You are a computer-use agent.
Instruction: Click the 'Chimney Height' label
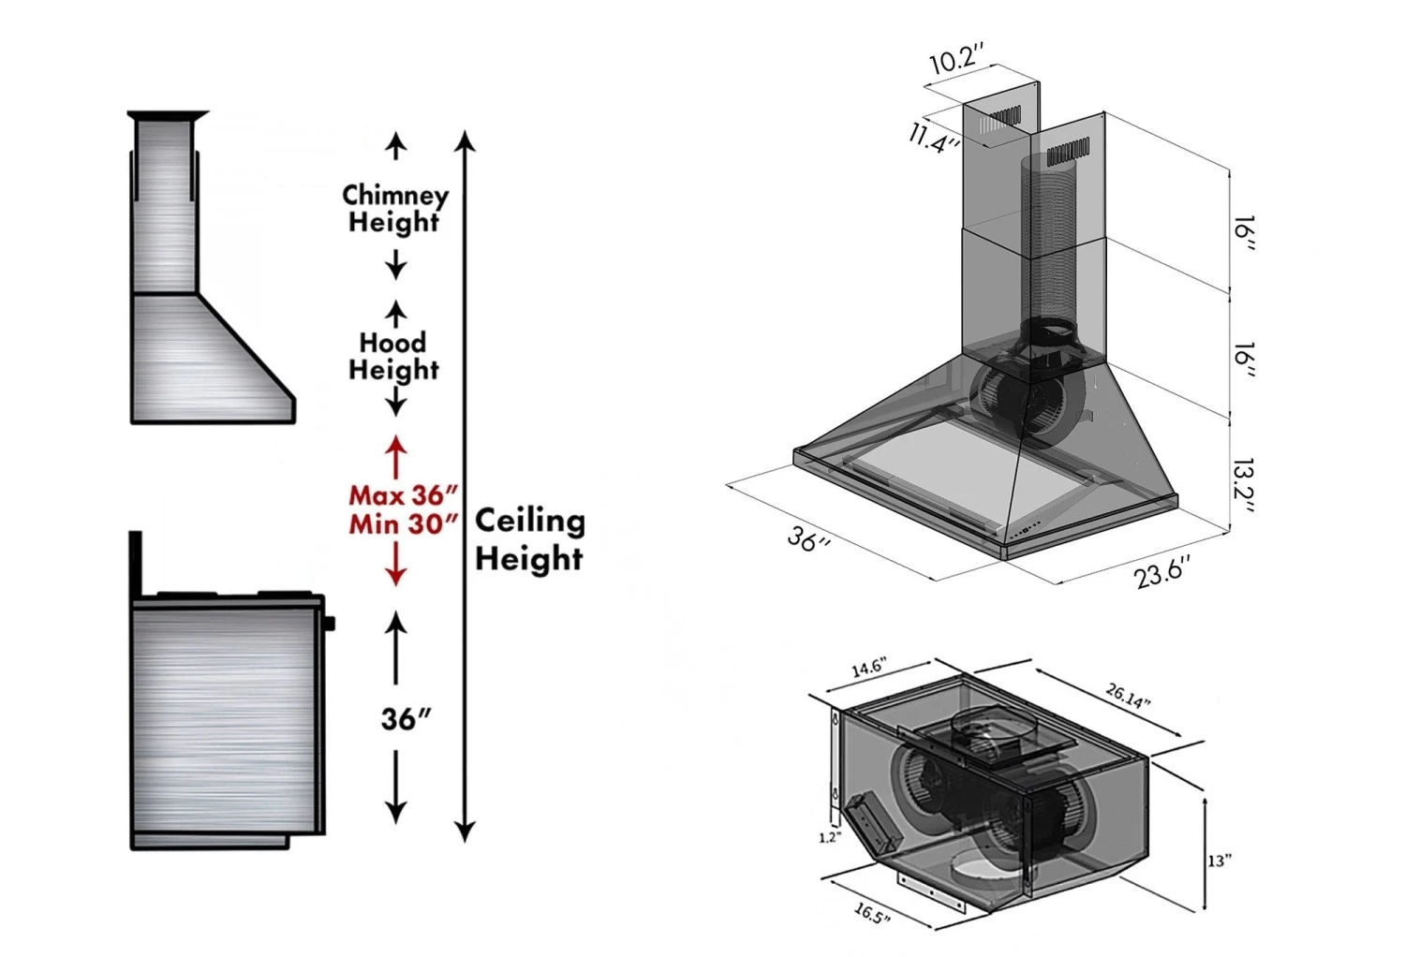(394, 209)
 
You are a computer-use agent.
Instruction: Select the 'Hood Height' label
(393, 356)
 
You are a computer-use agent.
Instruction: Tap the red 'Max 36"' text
(403, 494)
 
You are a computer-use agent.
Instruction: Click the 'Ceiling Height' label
(529, 539)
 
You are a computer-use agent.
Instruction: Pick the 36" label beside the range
(406, 719)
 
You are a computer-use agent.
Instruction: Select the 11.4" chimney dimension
(934, 139)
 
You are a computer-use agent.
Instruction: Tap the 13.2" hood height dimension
(1243, 485)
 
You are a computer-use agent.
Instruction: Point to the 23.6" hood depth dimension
(1162, 571)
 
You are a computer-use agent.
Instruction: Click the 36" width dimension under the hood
(808, 539)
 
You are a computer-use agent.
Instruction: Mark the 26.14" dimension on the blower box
(1128, 696)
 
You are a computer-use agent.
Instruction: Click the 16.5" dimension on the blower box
(871, 913)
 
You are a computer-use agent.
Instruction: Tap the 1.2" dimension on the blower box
(829, 837)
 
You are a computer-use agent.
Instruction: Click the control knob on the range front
(329, 624)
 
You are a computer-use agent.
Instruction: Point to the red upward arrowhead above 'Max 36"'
(396, 445)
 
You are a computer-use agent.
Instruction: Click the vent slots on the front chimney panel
(1068, 150)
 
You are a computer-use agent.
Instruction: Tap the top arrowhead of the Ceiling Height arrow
(466, 140)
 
